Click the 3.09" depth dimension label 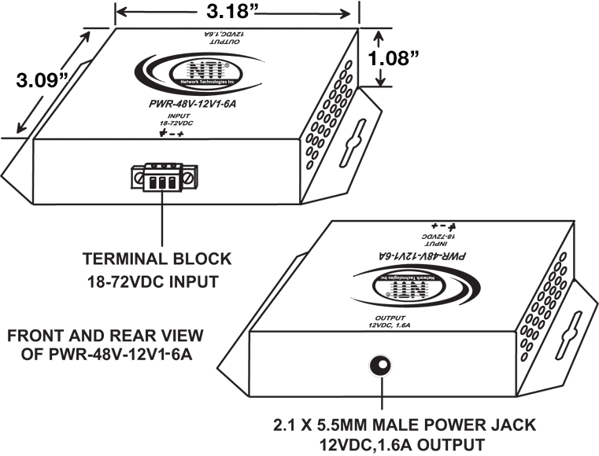[37, 79]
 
